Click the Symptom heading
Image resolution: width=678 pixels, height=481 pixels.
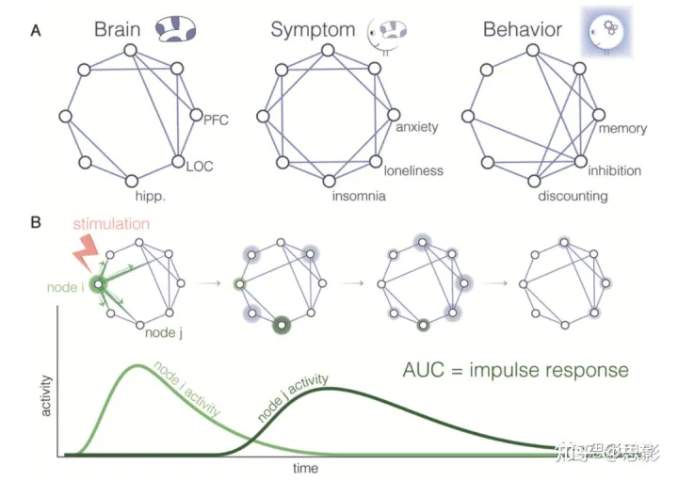coord(313,29)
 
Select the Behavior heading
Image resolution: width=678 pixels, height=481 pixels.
coord(523,29)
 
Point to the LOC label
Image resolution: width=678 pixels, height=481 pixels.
coord(200,167)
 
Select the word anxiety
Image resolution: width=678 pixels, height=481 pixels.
coord(416,126)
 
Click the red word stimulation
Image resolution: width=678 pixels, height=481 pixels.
coord(110,224)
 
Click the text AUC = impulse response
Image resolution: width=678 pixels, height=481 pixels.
coord(513,369)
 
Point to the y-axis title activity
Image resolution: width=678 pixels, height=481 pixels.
coord(45,395)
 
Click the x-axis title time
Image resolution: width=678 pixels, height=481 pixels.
coord(303,467)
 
